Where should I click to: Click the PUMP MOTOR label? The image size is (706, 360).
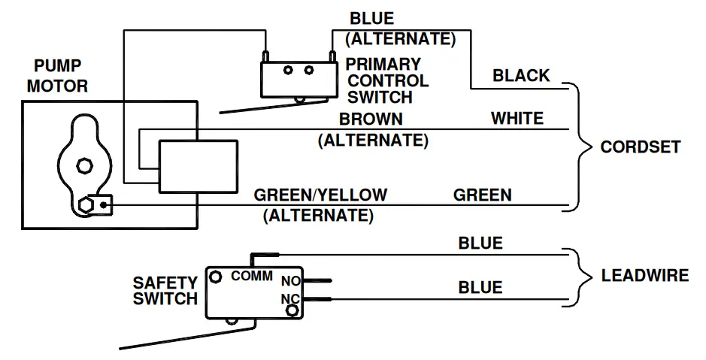(57, 77)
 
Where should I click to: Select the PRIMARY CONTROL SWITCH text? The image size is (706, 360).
(386, 80)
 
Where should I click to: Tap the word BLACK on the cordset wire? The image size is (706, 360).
(521, 76)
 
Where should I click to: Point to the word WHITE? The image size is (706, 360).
(517, 119)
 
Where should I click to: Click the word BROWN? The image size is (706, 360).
(371, 119)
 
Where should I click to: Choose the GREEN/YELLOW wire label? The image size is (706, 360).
(320, 195)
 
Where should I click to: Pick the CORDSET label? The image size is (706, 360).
(640, 147)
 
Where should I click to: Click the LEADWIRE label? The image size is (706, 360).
(644, 276)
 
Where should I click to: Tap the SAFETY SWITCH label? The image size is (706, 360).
(165, 291)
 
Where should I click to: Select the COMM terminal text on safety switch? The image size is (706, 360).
(252, 277)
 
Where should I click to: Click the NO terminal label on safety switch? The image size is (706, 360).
(290, 282)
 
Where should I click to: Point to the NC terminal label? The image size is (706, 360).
(290, 300)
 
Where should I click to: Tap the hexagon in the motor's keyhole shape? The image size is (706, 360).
(85, 163)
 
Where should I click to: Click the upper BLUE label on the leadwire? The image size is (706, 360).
(480, 244)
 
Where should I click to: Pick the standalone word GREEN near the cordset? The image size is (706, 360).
(482, 195)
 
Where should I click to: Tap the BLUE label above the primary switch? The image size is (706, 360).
(371, 19)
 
